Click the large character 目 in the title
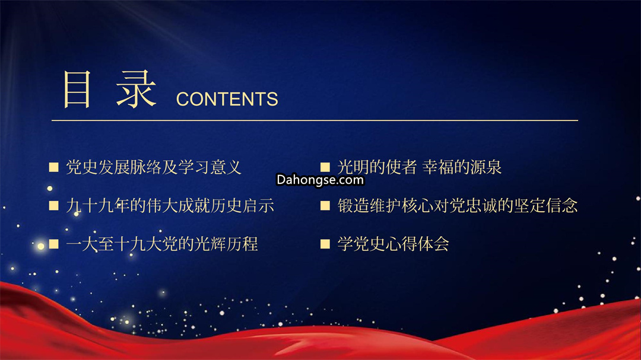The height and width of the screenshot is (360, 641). click(x=77, y=89)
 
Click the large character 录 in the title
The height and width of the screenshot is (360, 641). click(x=136, y=89)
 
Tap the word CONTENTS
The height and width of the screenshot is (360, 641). click(x=227, y=99)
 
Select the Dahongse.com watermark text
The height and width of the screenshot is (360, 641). click(x=320, y=180)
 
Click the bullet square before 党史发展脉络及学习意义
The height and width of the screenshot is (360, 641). click(x=53, y=167)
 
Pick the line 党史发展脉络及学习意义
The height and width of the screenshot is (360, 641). click(x=153, y=167)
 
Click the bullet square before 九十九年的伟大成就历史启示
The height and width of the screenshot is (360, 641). click(x=53, y=206)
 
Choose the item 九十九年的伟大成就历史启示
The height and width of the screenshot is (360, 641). click(x=170, y=206)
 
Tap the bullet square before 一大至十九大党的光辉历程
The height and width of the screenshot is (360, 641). click(x=53, y=244)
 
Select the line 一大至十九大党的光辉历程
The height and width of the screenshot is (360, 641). click(x=162, y=244)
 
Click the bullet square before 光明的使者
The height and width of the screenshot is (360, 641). click(x=325, y=167)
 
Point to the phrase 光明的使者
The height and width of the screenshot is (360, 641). click(x=377, y=167)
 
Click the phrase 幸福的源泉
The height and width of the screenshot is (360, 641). click(x=462, y=167)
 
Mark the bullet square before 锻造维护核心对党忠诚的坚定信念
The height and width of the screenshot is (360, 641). click(x=325, y=206)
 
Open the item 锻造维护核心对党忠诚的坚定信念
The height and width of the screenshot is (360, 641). click(x=458, y=206)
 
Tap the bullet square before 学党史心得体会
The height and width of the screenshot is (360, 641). click(x=325, y=244)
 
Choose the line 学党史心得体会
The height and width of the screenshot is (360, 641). click(x=394, y=244)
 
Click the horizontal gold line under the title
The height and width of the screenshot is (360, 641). click(x=315, y=120)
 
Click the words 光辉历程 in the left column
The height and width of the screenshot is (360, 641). click(x=226, y=244)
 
